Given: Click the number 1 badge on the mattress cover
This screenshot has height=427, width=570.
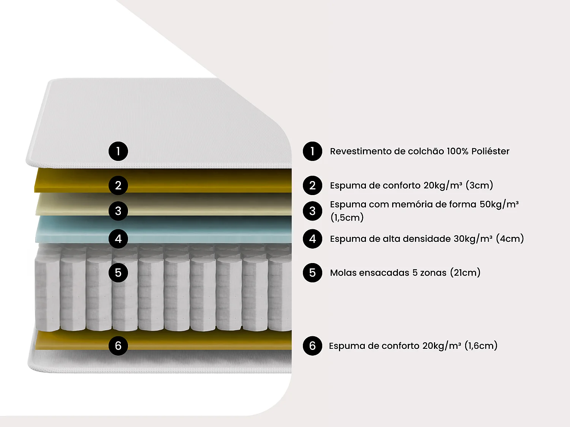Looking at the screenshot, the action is [x=118, y=151].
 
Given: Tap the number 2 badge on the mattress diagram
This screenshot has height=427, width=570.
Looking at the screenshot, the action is [x=118, y=185].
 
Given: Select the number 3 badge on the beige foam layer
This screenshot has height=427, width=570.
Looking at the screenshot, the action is [x=118, y=211].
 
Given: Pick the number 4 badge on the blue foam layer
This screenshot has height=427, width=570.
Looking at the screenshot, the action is [x=118, y=239].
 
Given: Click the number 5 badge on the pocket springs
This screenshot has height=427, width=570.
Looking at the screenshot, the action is [x=118, y=273].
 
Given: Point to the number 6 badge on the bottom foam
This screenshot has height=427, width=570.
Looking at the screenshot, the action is [x=118, y=346].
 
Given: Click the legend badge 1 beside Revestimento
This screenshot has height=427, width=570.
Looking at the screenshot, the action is [x=312, y=151].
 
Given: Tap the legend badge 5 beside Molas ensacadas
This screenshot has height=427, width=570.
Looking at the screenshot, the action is [x=312, y=273].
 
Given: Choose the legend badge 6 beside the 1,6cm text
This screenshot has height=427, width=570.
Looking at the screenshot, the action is [x=312, y=346].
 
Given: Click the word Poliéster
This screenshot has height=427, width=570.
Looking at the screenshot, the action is [x=490, y=151].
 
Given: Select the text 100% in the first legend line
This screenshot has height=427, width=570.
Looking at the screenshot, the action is [x=457, y=151].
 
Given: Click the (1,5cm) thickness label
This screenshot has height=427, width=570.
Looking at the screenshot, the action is [x=347, y=217].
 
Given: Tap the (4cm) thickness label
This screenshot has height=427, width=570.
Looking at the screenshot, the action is [x=510, y=239].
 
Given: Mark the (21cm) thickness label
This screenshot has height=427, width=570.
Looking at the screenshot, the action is [x=465, y=273].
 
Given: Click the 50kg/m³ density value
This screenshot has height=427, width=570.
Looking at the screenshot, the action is [x=499, y=204].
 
